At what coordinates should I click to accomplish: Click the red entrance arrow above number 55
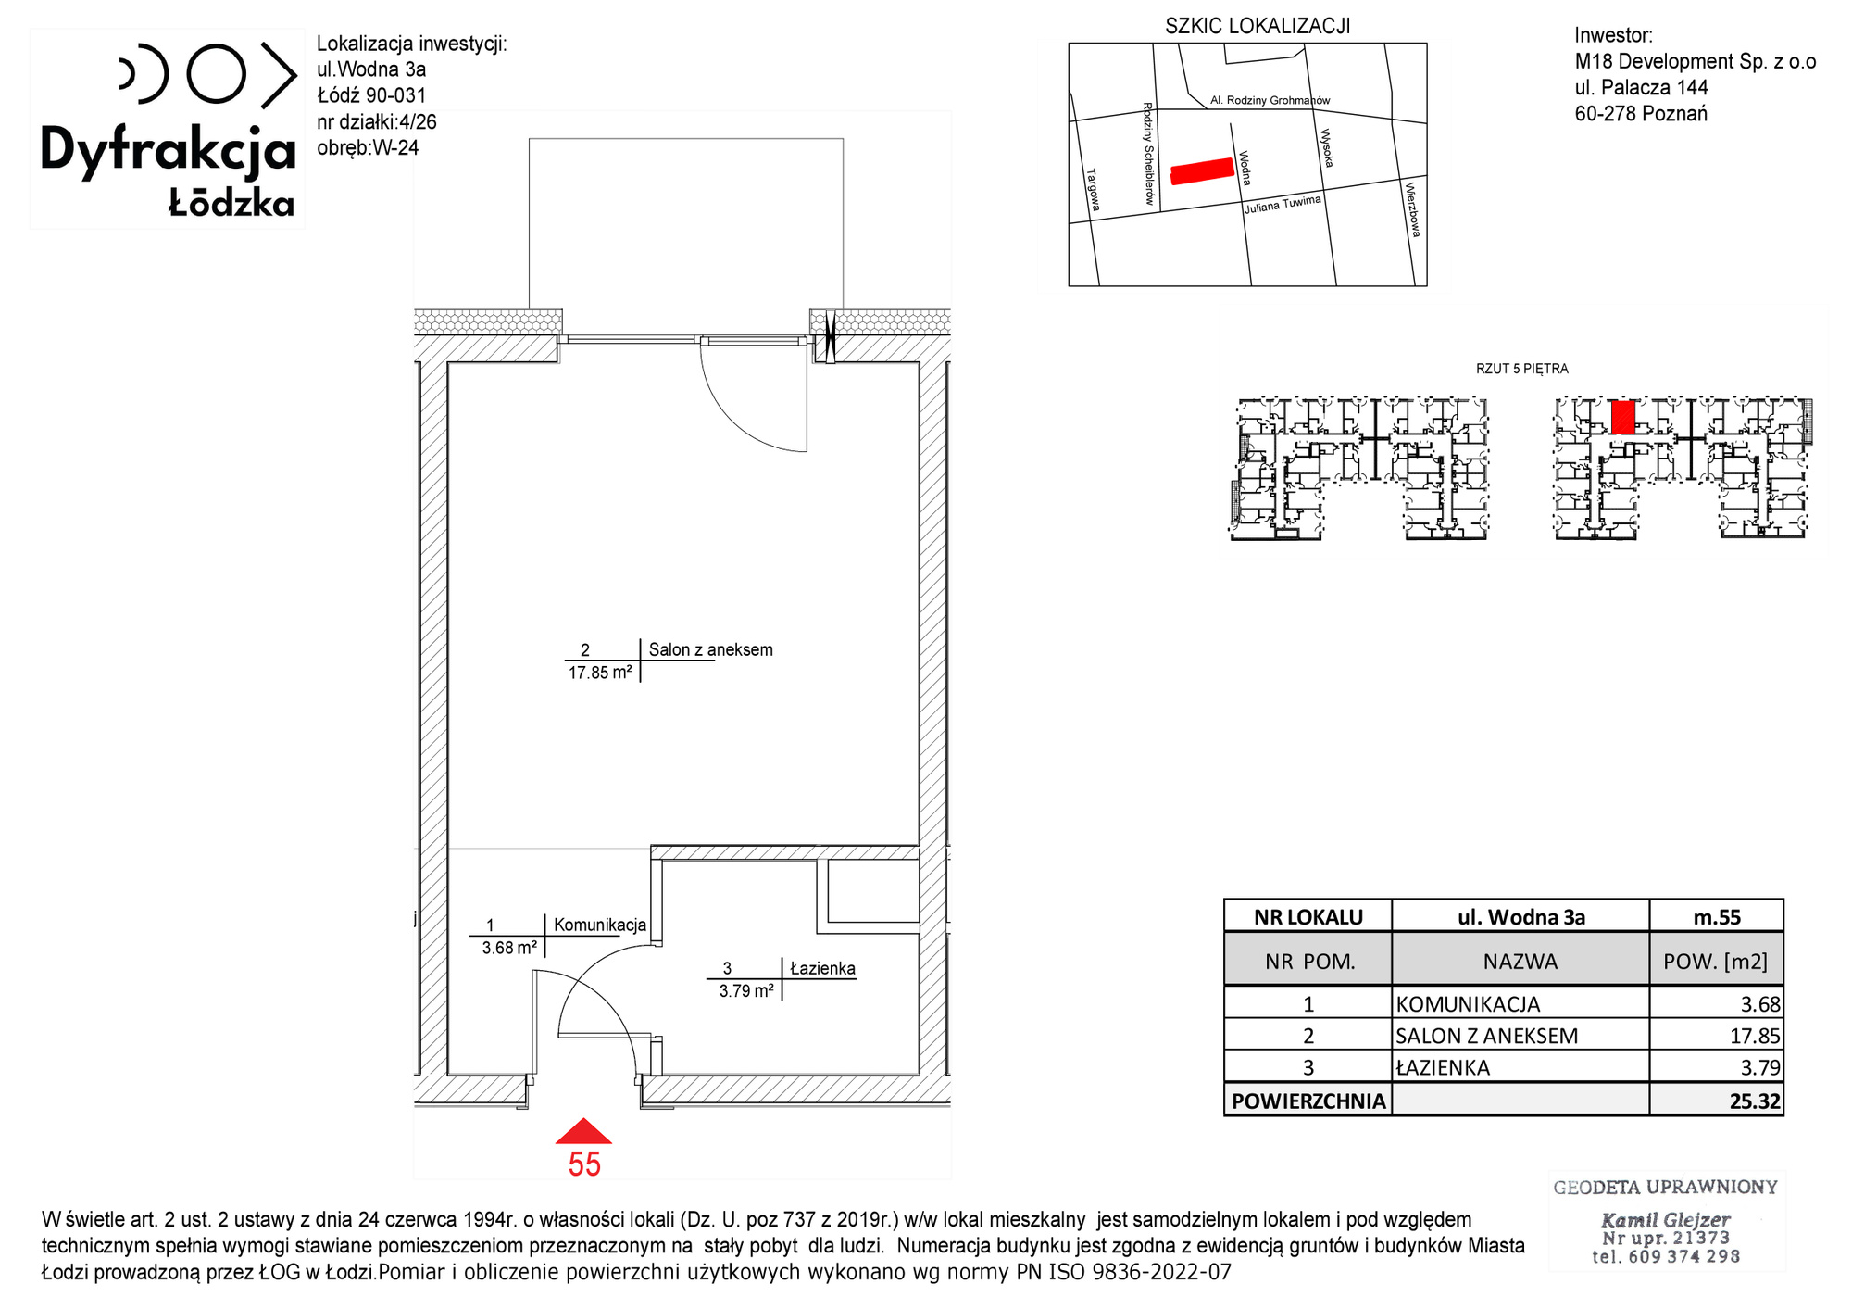[583, 1131]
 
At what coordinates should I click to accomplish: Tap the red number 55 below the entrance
[584, 1164]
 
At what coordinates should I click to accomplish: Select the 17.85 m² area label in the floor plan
[600, 673]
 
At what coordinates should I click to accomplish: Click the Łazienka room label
[822, 969]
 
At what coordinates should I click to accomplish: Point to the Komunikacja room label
[600, 925]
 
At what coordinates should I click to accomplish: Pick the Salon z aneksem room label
[710, 649]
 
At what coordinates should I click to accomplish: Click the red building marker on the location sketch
[1203, 171]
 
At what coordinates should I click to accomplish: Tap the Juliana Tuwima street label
[1283, 205]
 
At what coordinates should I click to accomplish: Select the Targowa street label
[1093, 190]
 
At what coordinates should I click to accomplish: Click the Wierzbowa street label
[1412, 209]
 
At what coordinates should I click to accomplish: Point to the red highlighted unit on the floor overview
[1622, 417]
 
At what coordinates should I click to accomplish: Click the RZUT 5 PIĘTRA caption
[1521, 369]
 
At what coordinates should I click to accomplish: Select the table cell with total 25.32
[1717, 1101]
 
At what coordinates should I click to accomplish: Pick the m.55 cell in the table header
[1717, 917]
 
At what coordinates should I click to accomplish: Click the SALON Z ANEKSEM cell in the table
[1520, 1036]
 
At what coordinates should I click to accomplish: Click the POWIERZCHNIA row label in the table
[1308, 1101]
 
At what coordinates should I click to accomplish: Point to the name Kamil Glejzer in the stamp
[1666, 1220]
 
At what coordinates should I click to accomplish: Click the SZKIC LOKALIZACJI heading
[1258, 26]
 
